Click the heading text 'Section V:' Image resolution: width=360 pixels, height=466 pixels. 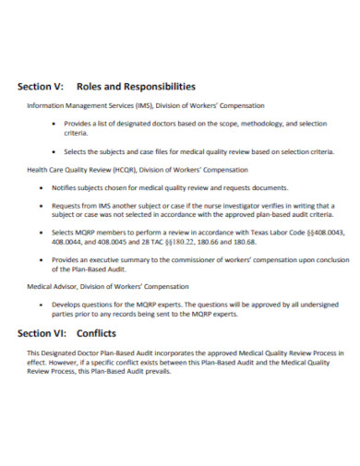click(x=41, y=87)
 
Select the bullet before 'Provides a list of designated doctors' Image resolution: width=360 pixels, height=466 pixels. click(x=57, y=123)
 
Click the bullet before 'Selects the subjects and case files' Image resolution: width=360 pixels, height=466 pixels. click(x=57, y=151)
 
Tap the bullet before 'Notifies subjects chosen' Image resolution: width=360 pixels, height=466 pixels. click(x=57, y=186)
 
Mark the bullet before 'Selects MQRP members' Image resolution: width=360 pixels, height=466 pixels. click(x=57, y=233)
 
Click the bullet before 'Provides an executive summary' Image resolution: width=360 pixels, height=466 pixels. click(x=57, y=260)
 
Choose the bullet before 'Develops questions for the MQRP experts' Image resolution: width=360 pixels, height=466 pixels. click(x=57, y=304)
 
